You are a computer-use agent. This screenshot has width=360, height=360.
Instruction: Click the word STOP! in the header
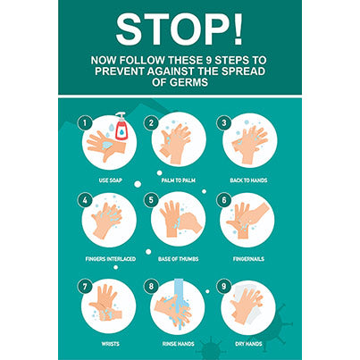pos(179,29)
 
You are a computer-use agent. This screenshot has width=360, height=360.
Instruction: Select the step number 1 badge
pos(84,121)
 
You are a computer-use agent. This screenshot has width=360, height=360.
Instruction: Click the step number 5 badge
pos(152,200)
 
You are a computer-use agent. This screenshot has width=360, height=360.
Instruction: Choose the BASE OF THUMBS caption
pos(179,259)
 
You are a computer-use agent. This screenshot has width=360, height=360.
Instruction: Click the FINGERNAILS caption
pos(249,259)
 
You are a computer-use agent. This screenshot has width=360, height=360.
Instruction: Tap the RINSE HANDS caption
pos(179,342)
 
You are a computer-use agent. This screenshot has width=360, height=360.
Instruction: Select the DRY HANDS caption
pos(249,342)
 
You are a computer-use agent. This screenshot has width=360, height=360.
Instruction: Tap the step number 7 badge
pos(84,288)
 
